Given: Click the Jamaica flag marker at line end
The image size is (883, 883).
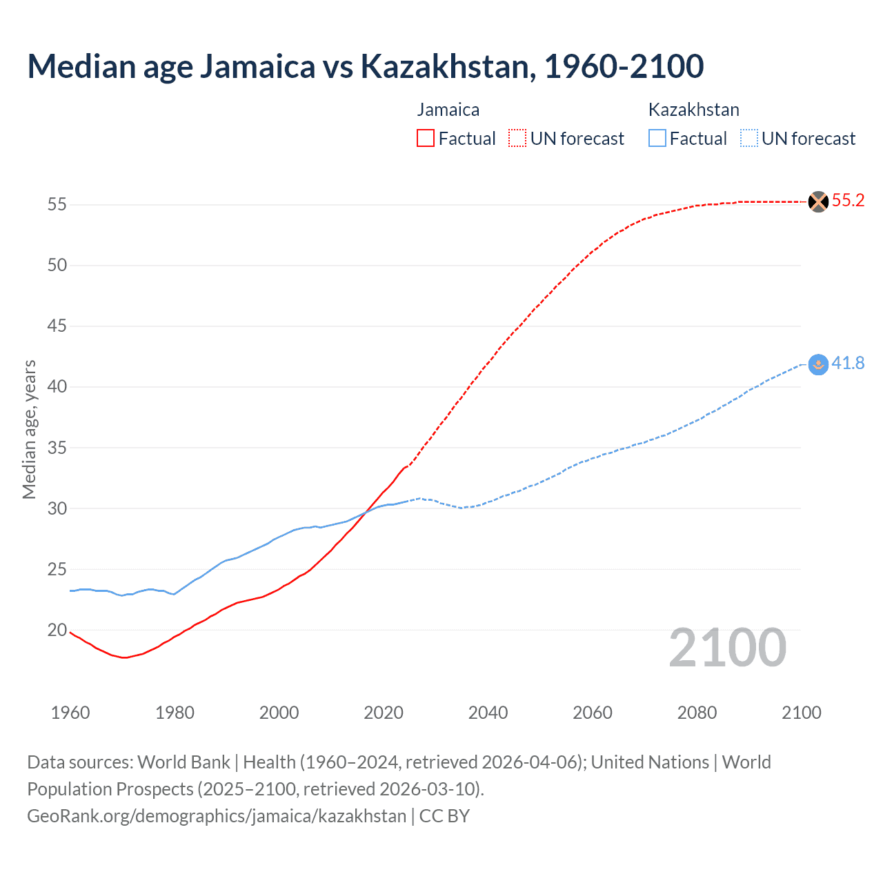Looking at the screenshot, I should click(817, 201).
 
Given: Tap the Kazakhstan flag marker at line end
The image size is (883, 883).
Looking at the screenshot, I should click(817, 364).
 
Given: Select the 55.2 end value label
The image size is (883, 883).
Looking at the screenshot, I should click(848, 201).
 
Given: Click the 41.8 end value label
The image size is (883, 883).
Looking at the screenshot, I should click(848, 364).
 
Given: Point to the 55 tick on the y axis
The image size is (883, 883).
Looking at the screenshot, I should click(57, 205).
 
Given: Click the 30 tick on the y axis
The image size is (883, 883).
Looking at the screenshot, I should click(57, 509).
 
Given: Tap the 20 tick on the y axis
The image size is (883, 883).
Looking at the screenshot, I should click(57, 631).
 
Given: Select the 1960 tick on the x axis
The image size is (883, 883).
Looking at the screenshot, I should click(70, 713).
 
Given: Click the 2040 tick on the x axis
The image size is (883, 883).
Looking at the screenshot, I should click(488, 713).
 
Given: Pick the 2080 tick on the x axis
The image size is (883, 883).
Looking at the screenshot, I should click(697, 713).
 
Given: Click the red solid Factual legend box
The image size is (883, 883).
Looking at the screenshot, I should click(426, 139).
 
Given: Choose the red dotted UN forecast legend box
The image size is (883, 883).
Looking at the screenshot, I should click(517, 139).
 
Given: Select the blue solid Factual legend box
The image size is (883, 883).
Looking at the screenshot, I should click(657, 139).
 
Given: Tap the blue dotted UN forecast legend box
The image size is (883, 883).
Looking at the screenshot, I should click(748, 139).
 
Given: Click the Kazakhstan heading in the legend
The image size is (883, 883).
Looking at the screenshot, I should click(693, 110).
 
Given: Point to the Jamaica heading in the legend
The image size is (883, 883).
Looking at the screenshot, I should click(448, 110).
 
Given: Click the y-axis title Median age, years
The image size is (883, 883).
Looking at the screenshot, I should click(29, 429).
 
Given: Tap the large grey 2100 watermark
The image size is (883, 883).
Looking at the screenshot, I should click(727, 648).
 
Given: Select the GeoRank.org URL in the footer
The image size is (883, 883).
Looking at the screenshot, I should click(217, 816).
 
